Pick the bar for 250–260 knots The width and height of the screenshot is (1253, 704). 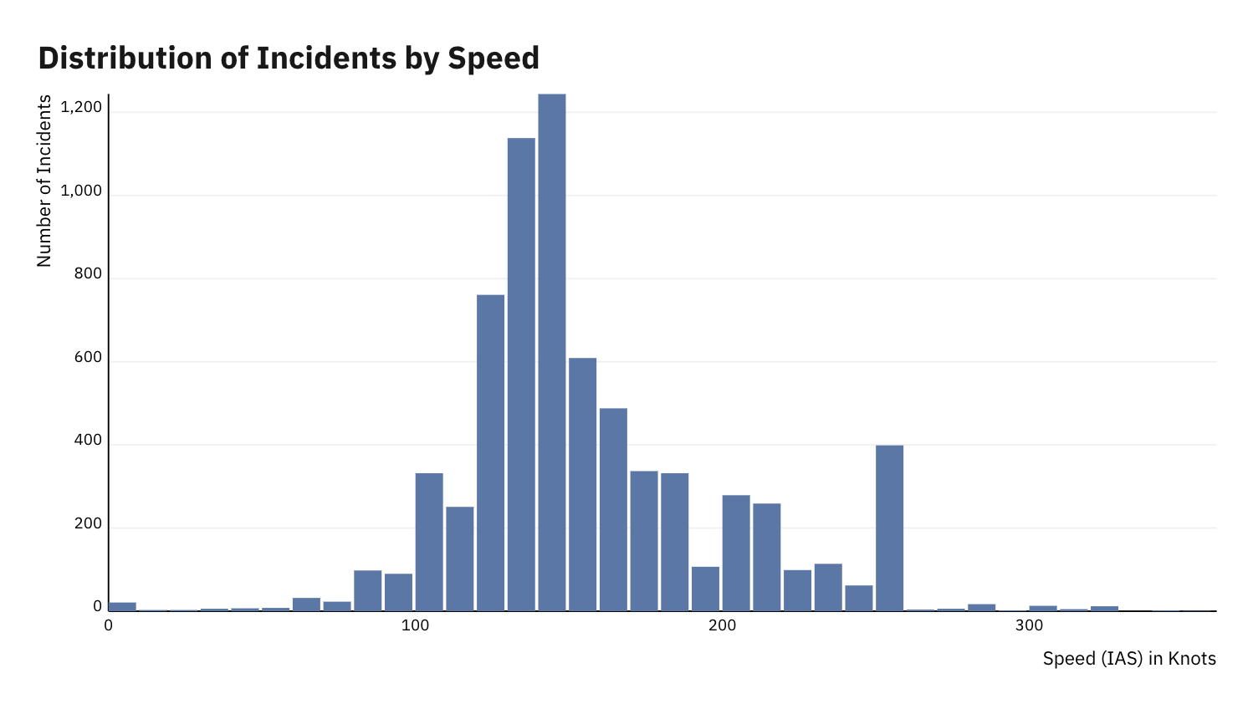click(x=889, y=528)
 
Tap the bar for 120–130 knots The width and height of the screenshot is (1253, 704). click(x=490, y=452)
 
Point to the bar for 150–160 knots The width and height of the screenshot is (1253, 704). click(x=582, y=484)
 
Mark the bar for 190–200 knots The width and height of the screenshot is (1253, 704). click(x=705, y=589)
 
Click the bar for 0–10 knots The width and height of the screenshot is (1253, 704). click(x=122, y=606)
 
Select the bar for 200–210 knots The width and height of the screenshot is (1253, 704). click(x=736, y=553)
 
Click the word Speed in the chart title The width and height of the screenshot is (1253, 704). click(x=494, y=58)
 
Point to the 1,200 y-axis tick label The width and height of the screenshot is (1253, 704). click(x=81, y=108)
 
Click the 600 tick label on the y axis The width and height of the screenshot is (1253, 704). click(x=87, y=358)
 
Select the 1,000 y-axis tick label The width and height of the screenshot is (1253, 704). click(x=81, y=191)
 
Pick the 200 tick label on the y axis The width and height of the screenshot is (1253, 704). click(x=87, y=524)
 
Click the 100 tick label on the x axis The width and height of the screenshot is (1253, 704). click(x=415, y=626)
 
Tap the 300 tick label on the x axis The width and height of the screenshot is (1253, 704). click(x=1029, y=626)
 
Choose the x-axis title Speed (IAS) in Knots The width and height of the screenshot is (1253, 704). click(x=1128, y=659)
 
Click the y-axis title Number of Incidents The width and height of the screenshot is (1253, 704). click(x=44, y=181)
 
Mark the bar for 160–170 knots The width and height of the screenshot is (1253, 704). click(x=613, y=509)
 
